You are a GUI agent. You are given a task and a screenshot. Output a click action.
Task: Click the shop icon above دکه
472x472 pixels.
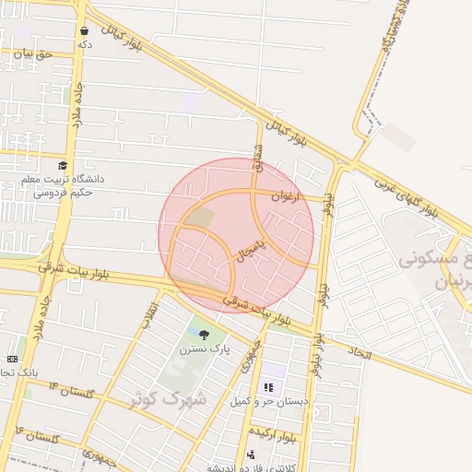[x=84, y=30]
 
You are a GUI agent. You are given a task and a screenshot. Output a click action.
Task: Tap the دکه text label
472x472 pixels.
[x=85, y=43]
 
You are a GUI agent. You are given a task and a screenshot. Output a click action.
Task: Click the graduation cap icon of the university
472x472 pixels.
[x=63, y=165]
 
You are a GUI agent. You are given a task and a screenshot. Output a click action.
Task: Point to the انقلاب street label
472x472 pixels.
[x=150, y=313]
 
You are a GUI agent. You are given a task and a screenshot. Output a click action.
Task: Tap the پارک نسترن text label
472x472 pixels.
[x=204, y=348]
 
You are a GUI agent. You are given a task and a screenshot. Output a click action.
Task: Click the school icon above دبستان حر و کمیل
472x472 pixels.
[x=270, y=386]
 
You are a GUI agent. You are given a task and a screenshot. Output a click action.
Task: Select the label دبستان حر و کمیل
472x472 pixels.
[x=265, y=401]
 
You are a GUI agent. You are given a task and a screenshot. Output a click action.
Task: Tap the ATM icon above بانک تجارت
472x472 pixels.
[x=12, y=358]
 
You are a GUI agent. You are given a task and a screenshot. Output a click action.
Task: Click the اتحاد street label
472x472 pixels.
[x=360, y=351]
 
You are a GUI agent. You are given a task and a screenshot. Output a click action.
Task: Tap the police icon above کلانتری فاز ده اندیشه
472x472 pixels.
[x=252, y=454]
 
